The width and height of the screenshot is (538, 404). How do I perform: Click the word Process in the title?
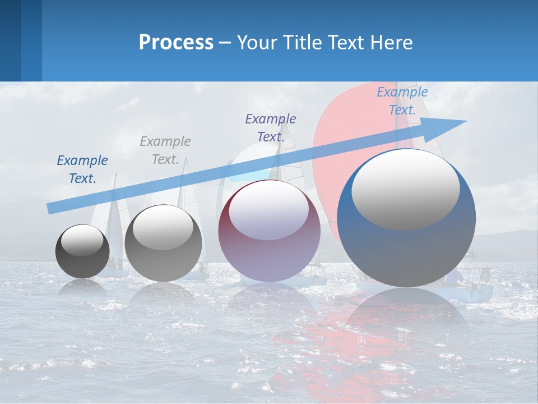tap(176, 43)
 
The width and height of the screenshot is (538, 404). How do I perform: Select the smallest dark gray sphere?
tap(82, 252)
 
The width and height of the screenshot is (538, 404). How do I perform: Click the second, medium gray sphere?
tap(163, 244)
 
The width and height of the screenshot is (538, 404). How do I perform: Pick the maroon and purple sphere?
tap(269, 231)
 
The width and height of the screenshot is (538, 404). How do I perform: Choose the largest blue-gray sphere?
tap(406, 219)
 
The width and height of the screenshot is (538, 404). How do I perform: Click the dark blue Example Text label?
tap(82, 169)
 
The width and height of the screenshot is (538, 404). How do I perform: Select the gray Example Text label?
tap(165, 150)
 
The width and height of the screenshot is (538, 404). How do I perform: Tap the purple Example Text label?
tap(271, 127)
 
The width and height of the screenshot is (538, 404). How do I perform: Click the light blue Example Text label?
tap(402, 101)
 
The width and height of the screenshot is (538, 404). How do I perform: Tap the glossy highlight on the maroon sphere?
tap(269, 209)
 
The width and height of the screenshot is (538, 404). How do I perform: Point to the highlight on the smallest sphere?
tap(82, 240)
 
